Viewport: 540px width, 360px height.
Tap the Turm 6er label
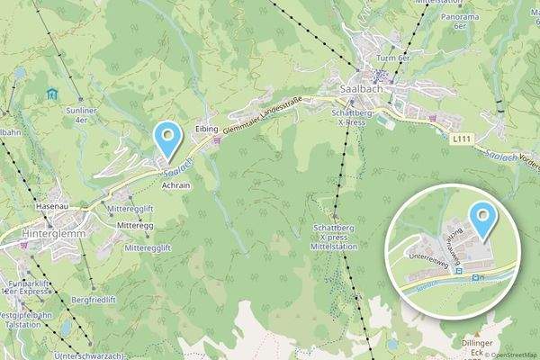393,58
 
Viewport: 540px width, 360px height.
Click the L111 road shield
462,139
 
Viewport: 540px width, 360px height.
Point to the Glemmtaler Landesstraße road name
267,121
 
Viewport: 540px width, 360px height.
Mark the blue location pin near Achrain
166,139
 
